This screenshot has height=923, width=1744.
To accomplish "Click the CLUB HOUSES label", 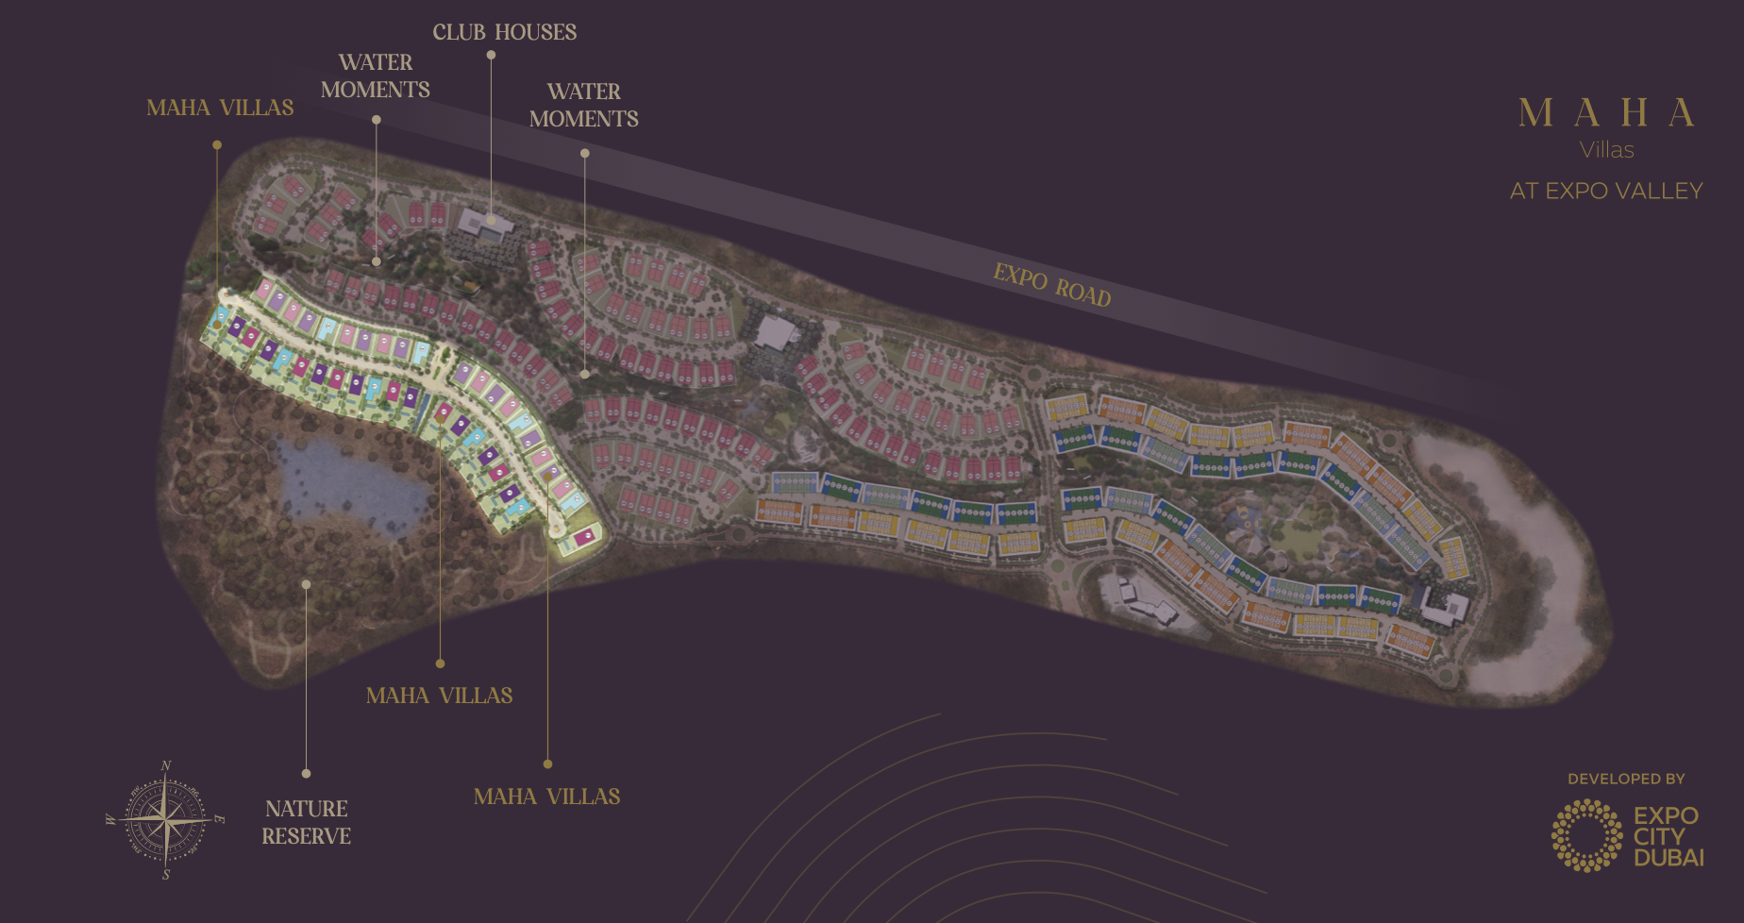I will point(504,32).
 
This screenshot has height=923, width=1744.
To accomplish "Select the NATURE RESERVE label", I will point(306,822).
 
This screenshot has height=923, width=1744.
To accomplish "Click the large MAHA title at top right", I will point(1606,113).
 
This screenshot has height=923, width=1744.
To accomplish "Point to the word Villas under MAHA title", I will point(1606,150).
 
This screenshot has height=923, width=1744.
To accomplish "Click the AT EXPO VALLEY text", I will point(1606,191).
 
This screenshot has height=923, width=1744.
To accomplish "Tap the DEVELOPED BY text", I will point(1625,779).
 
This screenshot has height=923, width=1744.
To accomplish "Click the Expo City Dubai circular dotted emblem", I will point(1587,835).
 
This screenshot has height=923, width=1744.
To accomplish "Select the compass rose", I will point(166,819).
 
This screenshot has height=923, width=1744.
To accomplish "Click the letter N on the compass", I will point(166,765).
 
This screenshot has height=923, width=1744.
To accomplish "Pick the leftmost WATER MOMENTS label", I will point(375,76).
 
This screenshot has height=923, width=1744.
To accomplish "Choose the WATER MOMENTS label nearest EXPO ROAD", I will point(583,105).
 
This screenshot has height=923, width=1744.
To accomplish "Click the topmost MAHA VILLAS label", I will point(220,108).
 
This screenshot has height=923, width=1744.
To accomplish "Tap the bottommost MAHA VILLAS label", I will point(546,797).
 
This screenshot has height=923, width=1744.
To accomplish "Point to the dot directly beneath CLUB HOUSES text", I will point(491,55).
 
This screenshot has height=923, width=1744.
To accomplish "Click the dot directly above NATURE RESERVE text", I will point(306,773).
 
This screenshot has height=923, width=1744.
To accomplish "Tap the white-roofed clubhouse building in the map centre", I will point(776,332).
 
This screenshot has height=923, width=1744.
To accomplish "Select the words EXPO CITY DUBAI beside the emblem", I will point(1668,836).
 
